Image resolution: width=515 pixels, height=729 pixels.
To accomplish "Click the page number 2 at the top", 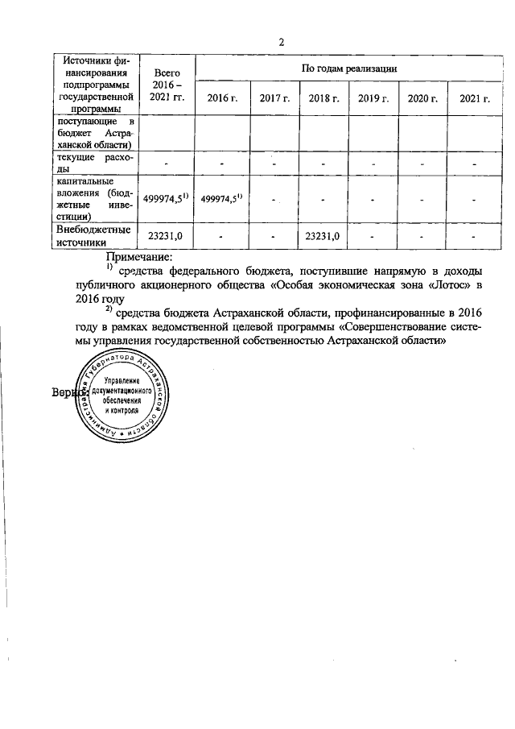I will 282,42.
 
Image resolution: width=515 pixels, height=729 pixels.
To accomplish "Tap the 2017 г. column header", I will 274,97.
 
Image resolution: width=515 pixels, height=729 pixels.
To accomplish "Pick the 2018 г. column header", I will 323,97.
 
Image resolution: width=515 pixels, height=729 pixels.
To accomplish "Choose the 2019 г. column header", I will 373,97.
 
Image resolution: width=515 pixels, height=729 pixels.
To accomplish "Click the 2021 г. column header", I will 475,97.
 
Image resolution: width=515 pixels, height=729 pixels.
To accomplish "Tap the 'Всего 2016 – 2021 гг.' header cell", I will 167,84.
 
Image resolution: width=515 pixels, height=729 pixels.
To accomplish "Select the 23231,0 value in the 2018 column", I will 323,236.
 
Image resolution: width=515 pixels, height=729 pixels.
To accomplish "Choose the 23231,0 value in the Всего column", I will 167,236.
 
